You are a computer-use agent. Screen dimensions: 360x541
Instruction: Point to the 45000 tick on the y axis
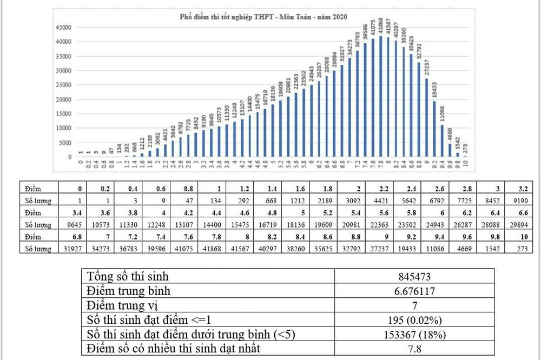tap(64, 27)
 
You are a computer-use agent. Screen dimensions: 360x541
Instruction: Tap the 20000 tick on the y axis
tap(64, 99)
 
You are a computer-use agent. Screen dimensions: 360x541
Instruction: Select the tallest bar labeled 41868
tap(380, 97)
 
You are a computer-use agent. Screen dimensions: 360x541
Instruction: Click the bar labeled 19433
tap(434, 129)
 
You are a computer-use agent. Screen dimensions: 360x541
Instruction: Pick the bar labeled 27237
tap(426, 118)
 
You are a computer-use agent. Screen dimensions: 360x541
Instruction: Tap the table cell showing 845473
tap(414, 278)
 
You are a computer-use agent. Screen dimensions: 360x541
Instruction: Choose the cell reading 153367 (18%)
tap(414, 335)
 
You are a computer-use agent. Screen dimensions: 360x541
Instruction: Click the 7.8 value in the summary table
tap(414, 349)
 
